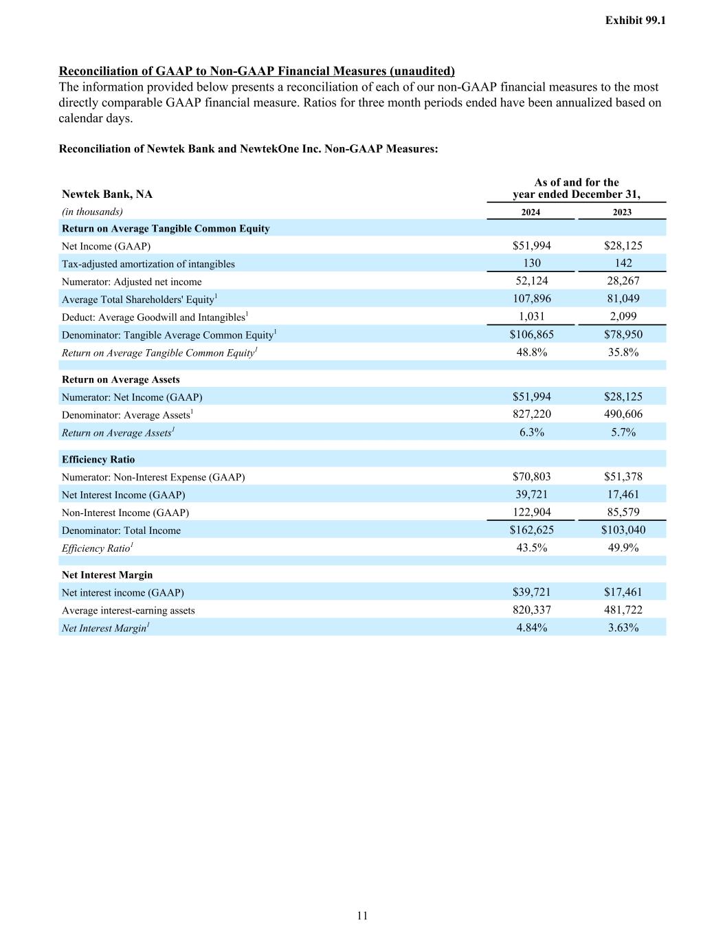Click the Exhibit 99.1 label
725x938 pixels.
click(635, 21)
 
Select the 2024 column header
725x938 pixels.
click(531, 212)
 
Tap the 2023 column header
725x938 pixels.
click(622, 212)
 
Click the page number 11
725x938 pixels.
click(362, 915)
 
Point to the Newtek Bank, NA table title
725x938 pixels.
click(107, 194)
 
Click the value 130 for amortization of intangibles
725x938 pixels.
click(531, 263)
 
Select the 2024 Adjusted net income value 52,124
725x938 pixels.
click(531, 281)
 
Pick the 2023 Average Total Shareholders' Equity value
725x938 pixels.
click(623, 299)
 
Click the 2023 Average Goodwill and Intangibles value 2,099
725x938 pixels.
click(623, 317)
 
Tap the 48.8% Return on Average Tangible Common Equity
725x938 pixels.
click(531, 353)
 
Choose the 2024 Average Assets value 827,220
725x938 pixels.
click(531, 414)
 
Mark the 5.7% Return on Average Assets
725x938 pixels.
click(623, 432)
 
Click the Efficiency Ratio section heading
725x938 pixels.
click(98, 460)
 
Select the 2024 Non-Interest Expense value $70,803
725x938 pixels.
click(531, 477)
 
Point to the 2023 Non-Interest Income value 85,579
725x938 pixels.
click(623, 513)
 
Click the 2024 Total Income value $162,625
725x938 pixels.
click(531, 531)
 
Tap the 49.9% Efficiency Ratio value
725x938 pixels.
click(623, 548)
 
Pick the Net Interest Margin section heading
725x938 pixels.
click(107, 575)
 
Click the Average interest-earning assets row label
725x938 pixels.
click(129, 611)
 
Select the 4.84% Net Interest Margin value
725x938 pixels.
click(531, 628)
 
